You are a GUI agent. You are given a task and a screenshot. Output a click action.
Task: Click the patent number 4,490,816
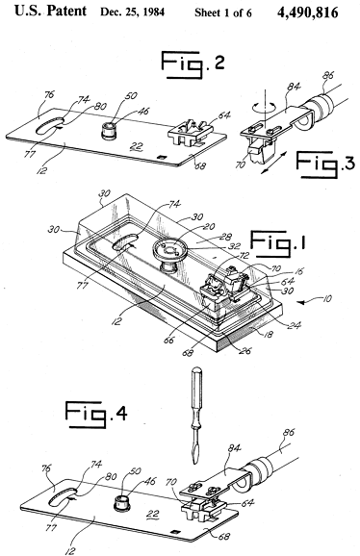click(307, 13)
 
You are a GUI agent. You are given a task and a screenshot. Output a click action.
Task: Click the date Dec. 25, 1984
click(132, 13)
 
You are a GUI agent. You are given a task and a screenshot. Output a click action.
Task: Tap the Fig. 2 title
click(193, 64)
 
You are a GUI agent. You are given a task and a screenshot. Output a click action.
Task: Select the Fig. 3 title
click(325, 164)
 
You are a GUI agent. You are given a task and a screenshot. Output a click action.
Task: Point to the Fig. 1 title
click(278, 244)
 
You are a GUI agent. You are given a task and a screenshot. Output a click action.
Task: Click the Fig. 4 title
click(96, 415)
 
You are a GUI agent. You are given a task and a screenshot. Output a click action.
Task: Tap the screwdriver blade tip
click(194, 463)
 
